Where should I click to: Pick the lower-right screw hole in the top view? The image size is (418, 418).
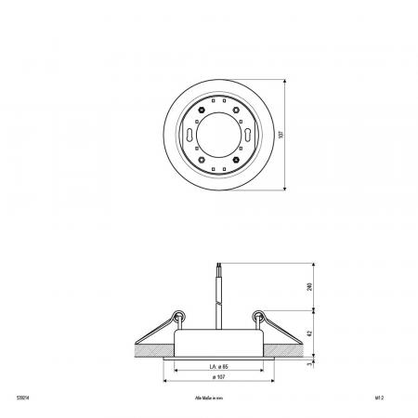(238, 155)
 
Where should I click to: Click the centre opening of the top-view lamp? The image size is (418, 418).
(218, 135)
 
